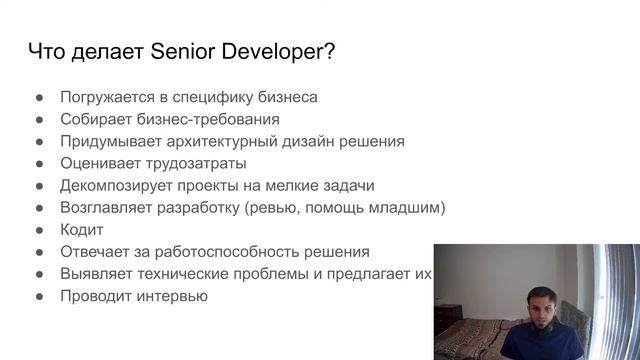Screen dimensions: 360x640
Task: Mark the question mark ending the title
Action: point(329,52)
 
